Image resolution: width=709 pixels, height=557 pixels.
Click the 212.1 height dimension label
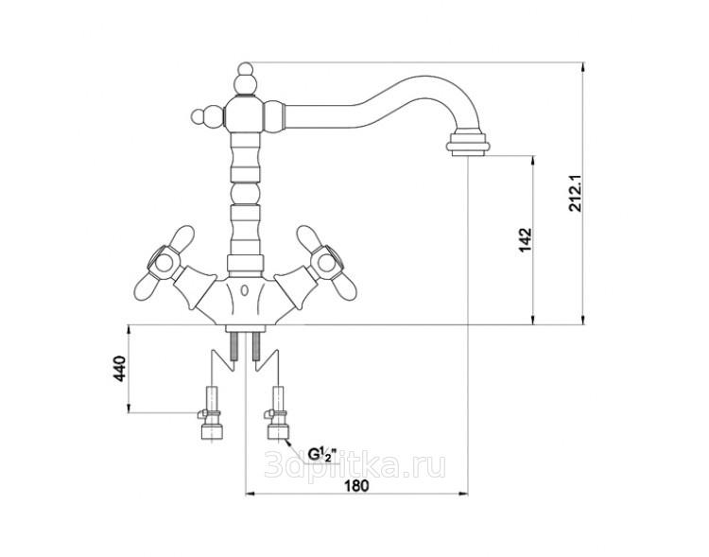click(576, 193)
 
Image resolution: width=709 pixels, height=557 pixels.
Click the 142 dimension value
click(526, 240)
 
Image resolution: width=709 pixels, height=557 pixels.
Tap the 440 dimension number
click(119, 369)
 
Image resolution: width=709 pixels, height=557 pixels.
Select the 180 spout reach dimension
click(356, 486)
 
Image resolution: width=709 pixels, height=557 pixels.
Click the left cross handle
click(163, 261)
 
